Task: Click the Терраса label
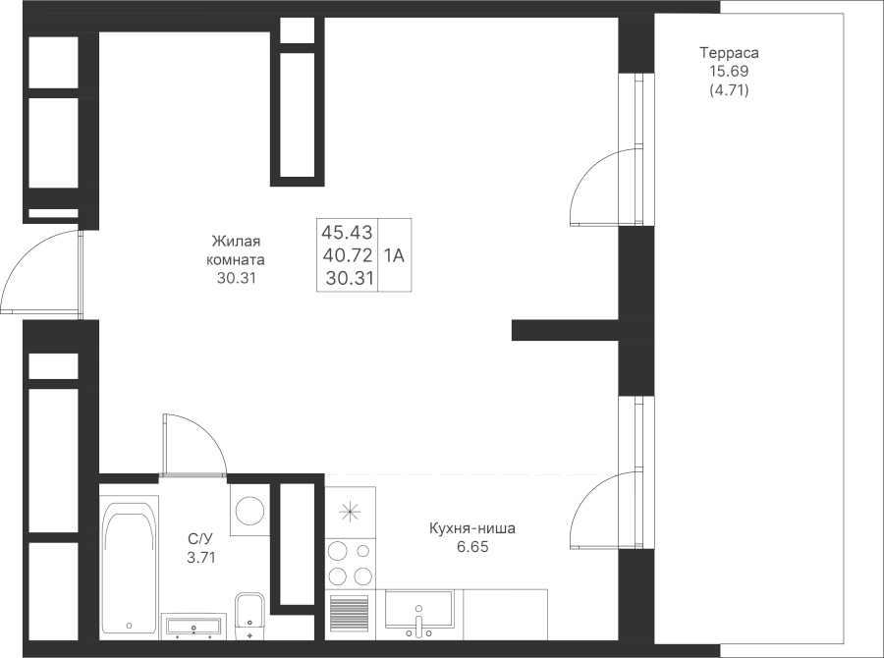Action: [729, 53]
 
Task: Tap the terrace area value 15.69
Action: [729, 71]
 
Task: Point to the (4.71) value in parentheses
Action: [729, 89]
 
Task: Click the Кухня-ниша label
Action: [472, 529]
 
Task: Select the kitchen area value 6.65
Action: [472, 547]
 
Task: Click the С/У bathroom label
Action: [200, 538]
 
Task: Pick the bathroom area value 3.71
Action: [200, 558]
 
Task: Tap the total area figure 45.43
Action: [348, 232]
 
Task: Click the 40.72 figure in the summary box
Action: [348, 255]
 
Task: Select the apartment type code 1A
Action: [394, 256]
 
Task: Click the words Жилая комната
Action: [236, 250]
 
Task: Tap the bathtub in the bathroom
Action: [129, 568]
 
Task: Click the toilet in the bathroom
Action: [249, 616]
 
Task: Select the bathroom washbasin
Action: [193, 626]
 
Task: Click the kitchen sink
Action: [418, 609]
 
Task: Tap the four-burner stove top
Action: [350, 564]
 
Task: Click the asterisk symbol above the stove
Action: [350, 512]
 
